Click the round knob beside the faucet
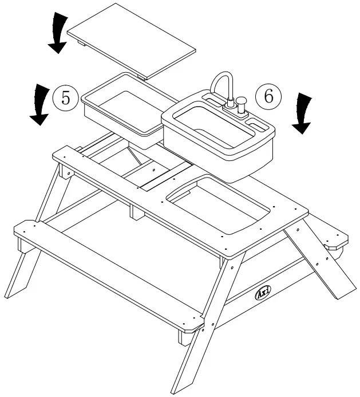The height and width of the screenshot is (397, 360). click(x=241, y=104)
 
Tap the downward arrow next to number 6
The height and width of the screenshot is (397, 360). click(x=303, y=113)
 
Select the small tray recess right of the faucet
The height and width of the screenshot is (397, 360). click(x=256, y=122)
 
